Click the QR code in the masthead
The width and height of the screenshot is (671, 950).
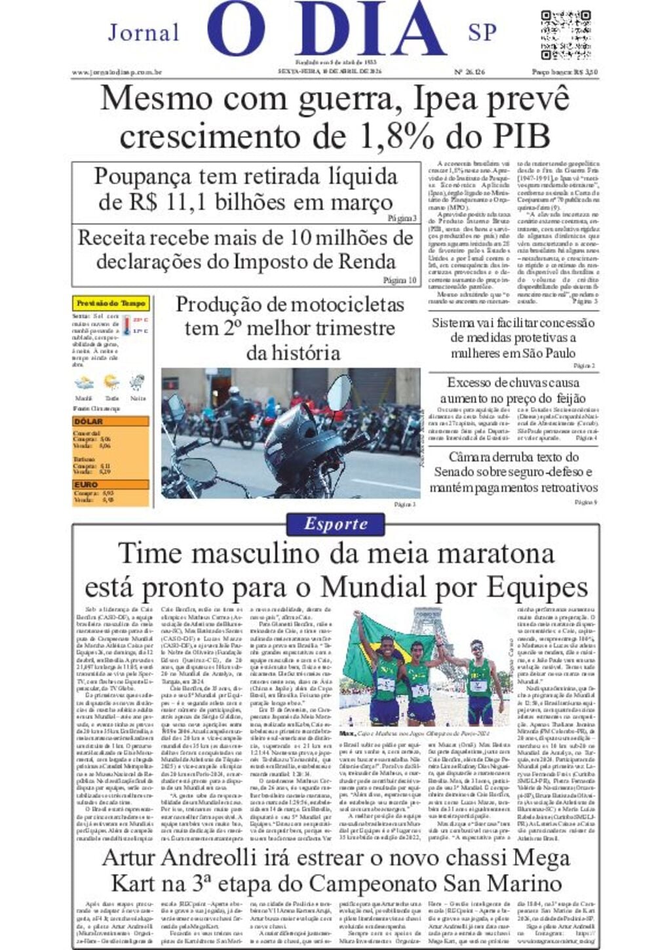[566, 35]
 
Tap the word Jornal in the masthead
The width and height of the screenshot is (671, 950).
[144, 32]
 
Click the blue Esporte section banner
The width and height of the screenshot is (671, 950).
[335, 523]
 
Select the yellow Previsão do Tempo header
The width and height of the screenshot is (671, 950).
[111, 304]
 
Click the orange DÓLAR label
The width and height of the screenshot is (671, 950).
[89, 422]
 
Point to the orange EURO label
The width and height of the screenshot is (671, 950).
[86, 485]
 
